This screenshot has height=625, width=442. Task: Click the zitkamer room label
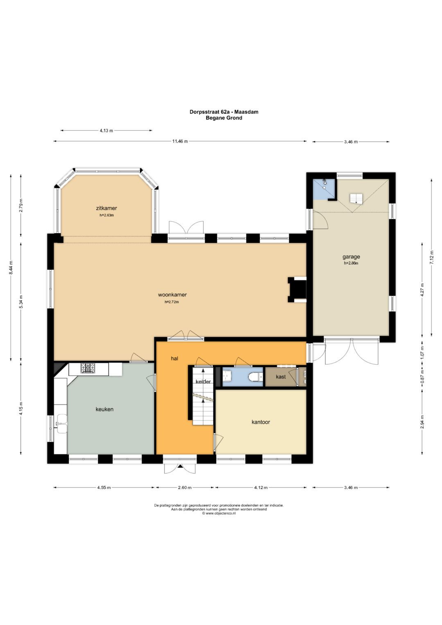106,208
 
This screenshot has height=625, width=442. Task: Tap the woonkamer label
172,295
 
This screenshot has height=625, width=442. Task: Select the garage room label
351,257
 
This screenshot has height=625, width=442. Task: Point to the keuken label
105,409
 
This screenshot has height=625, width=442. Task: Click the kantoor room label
261,422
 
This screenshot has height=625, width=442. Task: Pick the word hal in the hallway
175,359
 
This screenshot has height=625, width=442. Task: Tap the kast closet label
281,377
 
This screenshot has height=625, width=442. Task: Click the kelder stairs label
203,382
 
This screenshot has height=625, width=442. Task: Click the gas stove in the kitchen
88,368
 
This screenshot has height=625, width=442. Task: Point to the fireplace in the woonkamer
298,290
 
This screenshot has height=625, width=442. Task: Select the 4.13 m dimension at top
106,131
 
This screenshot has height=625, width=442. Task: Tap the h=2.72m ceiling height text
172,302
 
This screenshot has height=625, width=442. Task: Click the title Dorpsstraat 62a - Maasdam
224,112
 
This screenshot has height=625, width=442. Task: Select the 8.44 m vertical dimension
11,268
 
